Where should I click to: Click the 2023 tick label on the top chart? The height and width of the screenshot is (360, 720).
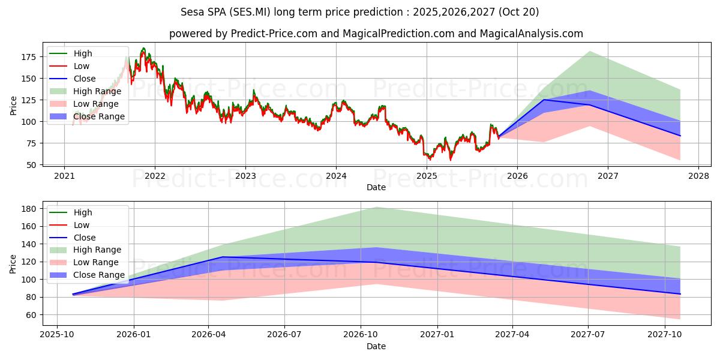[x=245, y=176]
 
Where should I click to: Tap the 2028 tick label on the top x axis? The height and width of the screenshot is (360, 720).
[x=698, y=176]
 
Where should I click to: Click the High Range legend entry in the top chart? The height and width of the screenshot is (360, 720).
[x=97, y=91]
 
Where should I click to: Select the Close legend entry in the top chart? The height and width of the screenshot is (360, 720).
[x=85, y=79]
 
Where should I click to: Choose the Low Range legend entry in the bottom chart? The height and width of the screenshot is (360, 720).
[x=96, y=262]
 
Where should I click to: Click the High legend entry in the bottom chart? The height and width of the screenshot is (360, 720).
[x=83, y=212]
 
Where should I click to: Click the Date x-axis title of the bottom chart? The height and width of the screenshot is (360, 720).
[x=376, y=346]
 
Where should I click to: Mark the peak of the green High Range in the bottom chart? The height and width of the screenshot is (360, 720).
[x=376, y=207]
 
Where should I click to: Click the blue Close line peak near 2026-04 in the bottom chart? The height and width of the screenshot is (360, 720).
[x=223, y=257]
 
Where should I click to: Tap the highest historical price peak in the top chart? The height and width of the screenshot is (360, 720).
[x=143, y=49]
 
